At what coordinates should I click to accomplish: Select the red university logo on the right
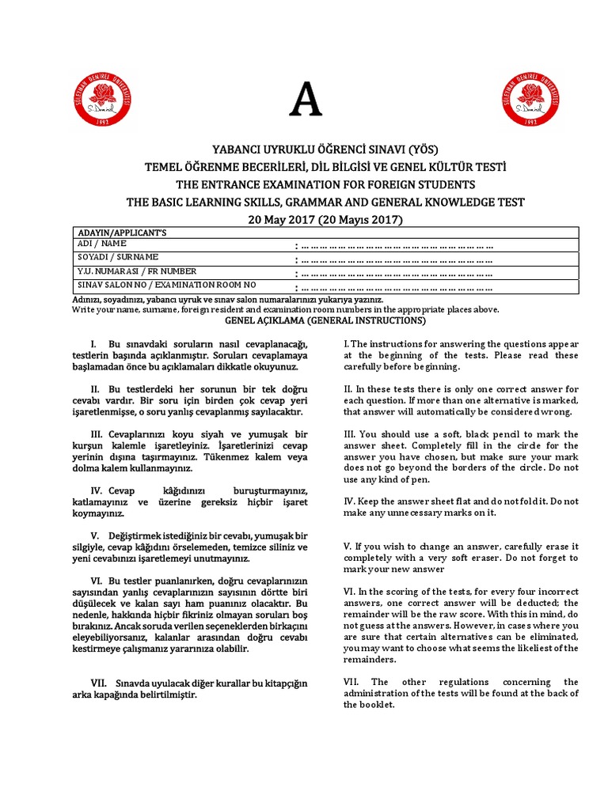(531, 99)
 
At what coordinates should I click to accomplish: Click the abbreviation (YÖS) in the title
(423, 150)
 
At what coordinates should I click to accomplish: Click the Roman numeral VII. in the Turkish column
(99, 683)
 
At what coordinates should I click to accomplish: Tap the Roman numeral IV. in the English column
(351, 502)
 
